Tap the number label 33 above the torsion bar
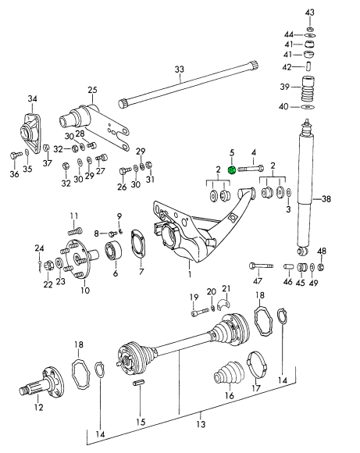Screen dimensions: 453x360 (x=179, y=70)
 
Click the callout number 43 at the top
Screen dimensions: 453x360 (x=310, y=12)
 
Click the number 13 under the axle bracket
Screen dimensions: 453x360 (x=201, y=424)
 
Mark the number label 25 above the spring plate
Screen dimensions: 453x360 (x=92, y=89)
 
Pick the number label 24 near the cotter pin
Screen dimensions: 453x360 (x=38, y=248)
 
